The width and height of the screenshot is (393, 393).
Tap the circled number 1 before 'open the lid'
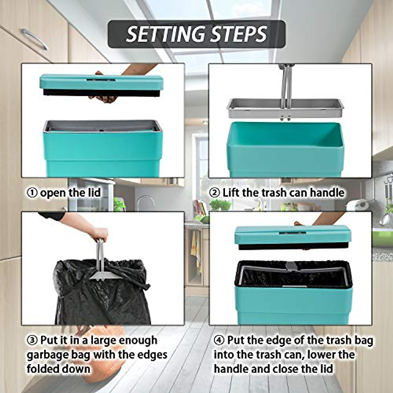pos(32,193)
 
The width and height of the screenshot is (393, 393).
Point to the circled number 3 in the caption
pos(32,340)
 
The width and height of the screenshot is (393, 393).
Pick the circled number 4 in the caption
pos(219,340)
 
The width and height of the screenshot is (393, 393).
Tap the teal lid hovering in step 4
pos(293,234)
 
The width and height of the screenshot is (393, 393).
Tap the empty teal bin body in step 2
pos(285,147)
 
